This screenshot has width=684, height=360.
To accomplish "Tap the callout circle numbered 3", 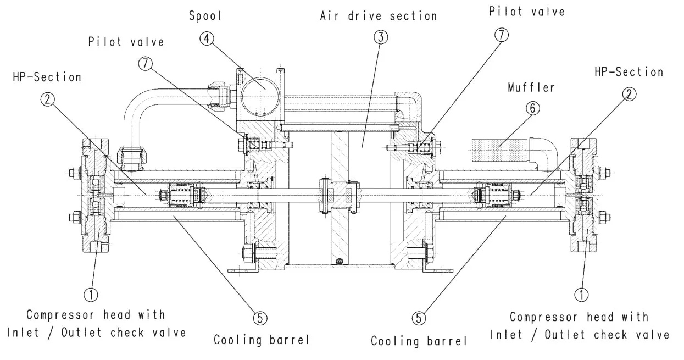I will click(380, 38).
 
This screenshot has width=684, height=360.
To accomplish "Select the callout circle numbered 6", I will click(531, 109).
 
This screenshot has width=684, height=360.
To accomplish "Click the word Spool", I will click(205, 16).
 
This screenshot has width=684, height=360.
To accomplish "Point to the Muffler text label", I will click(531, 87).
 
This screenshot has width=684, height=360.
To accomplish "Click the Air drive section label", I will click(379, 15).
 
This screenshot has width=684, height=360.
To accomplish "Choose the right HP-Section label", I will click(629, 72).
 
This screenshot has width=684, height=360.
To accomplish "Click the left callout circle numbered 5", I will click(260, 317).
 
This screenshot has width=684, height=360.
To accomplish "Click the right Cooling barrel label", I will click(419, 341).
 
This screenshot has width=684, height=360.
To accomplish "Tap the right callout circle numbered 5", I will click(419, 317).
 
